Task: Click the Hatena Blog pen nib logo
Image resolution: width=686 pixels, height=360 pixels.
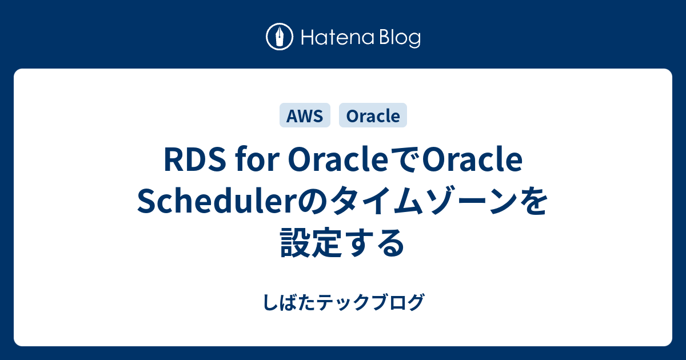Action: (280, 37)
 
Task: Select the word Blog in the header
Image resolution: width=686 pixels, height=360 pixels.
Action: (400, 39)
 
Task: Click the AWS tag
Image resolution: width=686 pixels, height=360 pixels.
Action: (305, 115)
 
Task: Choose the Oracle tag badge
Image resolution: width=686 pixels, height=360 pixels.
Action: (373, 115)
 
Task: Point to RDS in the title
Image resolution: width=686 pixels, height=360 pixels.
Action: (195, 161)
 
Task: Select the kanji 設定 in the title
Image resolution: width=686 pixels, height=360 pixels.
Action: (310, 243)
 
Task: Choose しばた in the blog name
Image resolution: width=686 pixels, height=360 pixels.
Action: (289, 302)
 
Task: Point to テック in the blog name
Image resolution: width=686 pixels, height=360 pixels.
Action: (343, 302)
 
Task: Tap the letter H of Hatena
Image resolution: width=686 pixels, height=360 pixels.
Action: (308, 38)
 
